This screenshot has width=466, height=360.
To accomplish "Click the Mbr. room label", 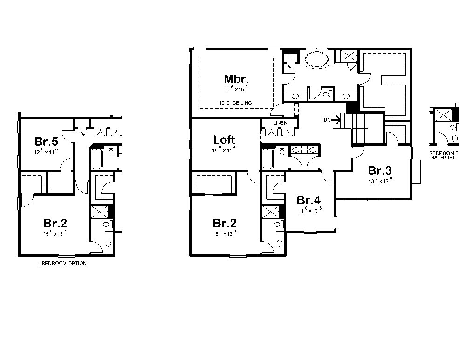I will [237, 78].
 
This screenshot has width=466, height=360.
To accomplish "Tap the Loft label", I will [224, 139].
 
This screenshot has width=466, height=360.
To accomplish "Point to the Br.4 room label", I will [308, 200].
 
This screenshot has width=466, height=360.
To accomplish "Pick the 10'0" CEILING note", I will [235, 102].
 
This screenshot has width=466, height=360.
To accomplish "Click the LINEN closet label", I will [280, 123].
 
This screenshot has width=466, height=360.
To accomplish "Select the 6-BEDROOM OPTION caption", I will [62, 263].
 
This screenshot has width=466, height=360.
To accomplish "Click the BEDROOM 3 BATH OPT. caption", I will [444, 155].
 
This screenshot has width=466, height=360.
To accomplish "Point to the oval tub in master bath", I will [316, 60].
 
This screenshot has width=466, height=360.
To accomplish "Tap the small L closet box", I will [290, 58].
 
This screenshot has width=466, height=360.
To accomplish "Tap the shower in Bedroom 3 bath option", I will [443, 115].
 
